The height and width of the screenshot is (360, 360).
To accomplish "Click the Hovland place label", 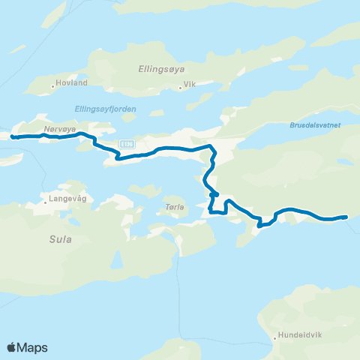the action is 73,82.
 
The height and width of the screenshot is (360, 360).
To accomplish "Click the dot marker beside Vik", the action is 180,86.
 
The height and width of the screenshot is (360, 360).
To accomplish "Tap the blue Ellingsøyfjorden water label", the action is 106,109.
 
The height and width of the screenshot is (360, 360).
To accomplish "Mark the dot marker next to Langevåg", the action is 45,200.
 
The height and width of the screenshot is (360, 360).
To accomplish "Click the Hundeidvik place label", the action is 298,335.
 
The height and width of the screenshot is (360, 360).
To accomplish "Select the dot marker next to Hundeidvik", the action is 275,337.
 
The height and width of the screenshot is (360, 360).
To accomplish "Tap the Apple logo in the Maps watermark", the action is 11,348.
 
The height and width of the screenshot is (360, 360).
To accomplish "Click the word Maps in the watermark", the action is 33,348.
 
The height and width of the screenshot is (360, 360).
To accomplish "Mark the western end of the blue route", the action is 13,136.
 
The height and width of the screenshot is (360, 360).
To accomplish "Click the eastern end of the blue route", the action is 346,217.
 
